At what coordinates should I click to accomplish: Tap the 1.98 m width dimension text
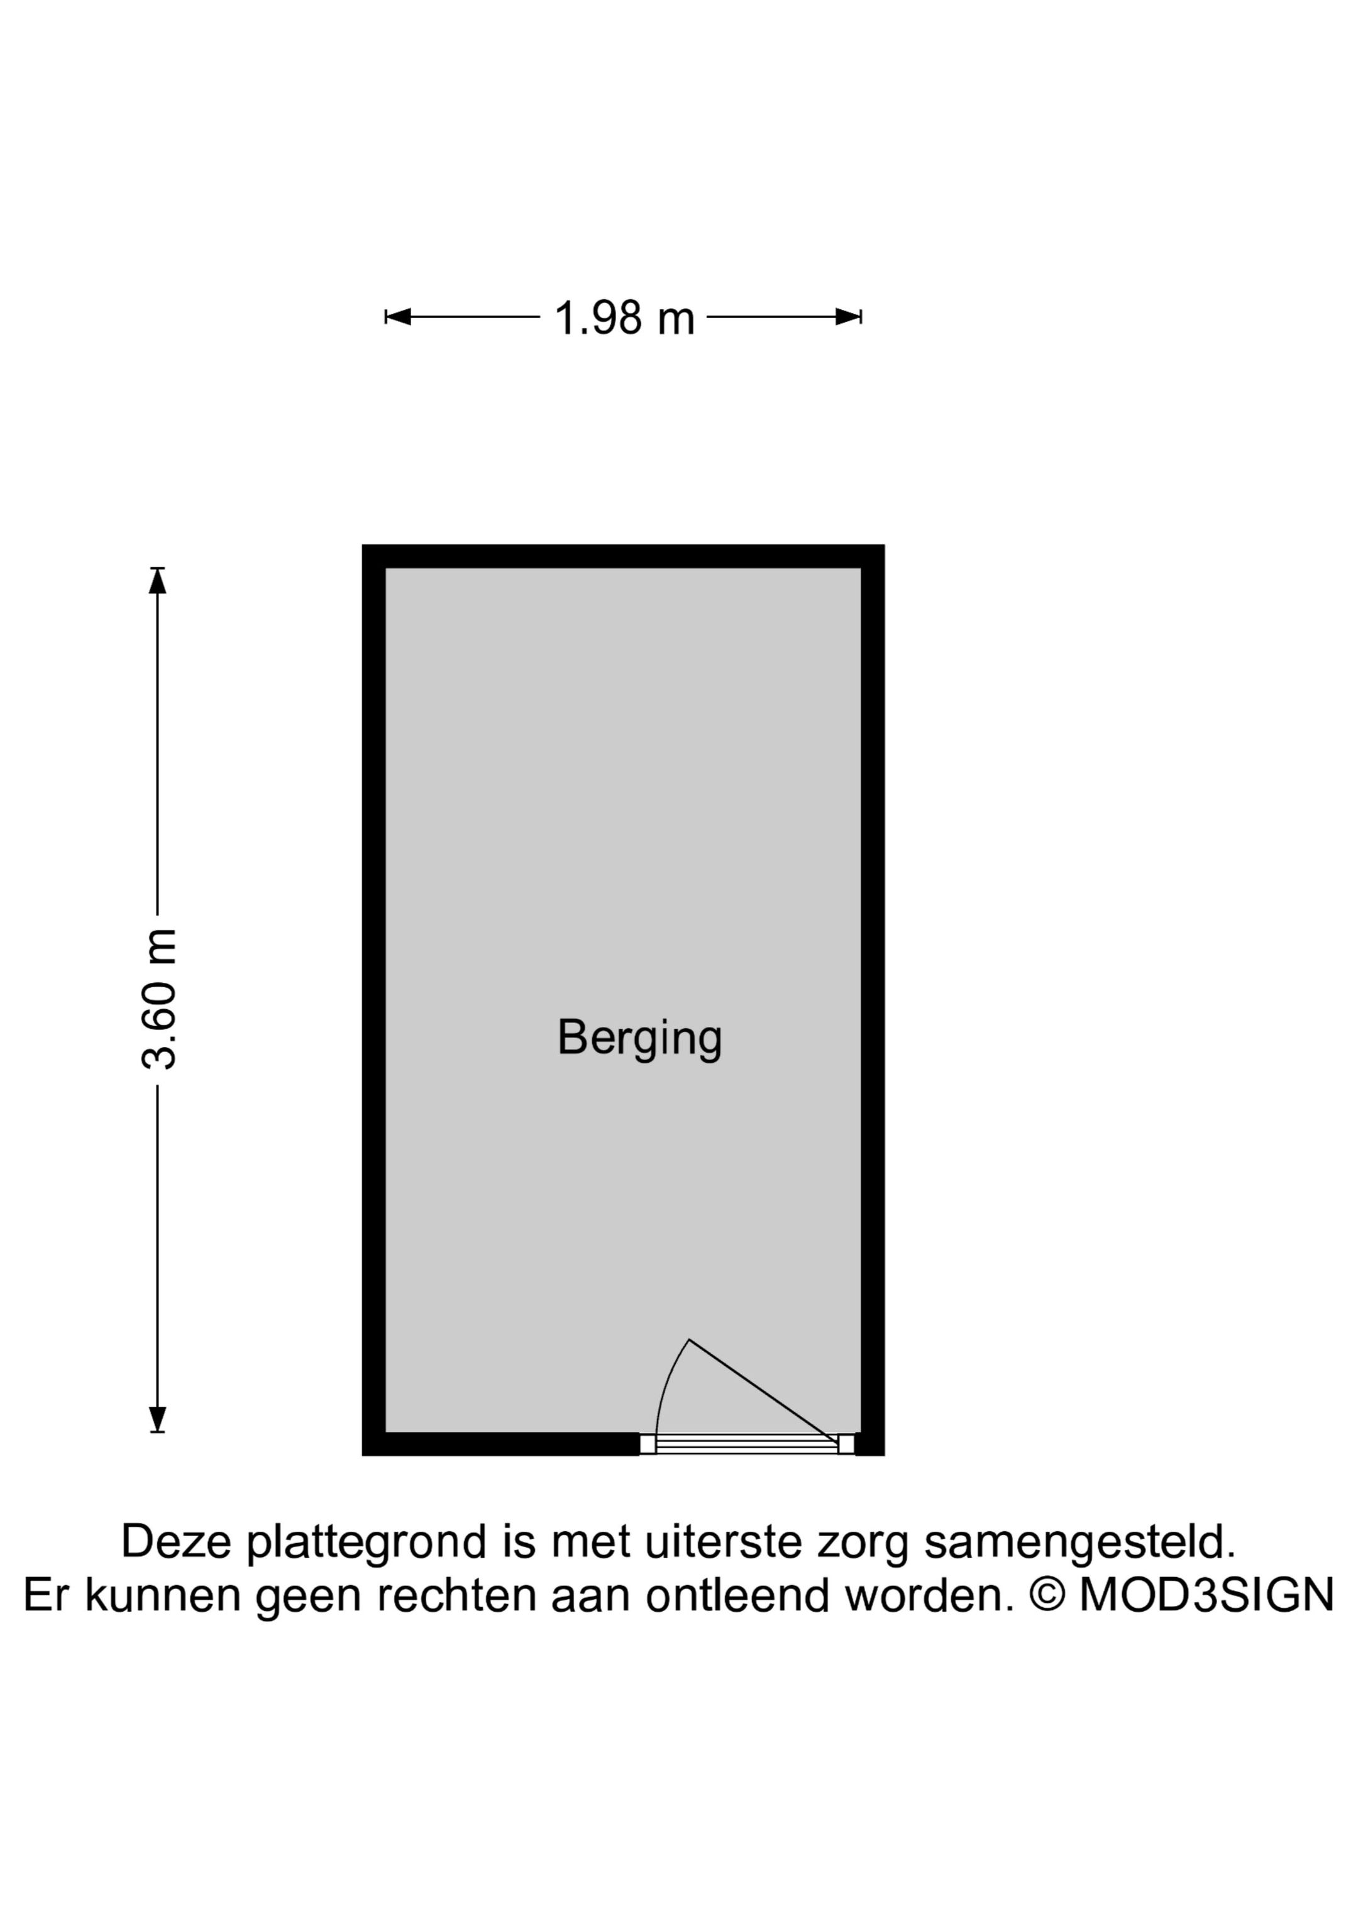pyautogui.click(x=624, y=318)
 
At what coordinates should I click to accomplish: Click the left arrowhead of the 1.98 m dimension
pyautogui.click(x=397, y=316)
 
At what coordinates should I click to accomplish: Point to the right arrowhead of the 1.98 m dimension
pyautogui.click(x=849, y=316)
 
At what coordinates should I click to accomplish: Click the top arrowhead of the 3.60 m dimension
pyautogui.click(x=157, y=580)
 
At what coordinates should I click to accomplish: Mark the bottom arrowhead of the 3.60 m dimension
pyautogui.click(x=157, y=1419)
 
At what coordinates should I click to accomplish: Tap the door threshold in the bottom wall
pyautogui.click(x=746, y=1443)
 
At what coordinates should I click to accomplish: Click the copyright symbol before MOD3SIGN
pyautogui.click(x=1047, y=1595)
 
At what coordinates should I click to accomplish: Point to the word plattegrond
pyautogui.click(x=367, y=1541)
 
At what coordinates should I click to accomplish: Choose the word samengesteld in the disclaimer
pyautogui.click(x=1080, y=1541)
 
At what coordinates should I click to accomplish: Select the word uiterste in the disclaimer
pyautogui.click(x=724, y=1541)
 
